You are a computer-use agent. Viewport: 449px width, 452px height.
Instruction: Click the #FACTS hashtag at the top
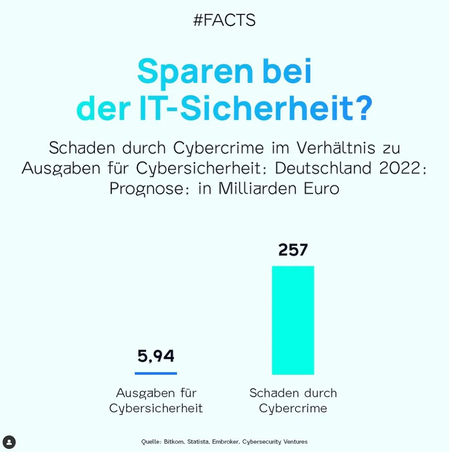[x=224, y=21]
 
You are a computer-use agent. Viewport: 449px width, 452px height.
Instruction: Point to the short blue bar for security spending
[x=156, y=373]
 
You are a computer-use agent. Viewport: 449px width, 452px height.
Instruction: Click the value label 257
[x=293, y=250]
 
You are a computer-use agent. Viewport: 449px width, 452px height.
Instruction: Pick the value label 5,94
[x=156, y=356]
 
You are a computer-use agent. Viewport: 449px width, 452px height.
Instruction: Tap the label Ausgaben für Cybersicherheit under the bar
[x=156, y=401]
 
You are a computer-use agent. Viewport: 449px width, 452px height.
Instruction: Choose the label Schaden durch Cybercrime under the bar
[x=293, y=401]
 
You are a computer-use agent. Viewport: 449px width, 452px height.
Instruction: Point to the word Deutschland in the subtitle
[x=324, y=168]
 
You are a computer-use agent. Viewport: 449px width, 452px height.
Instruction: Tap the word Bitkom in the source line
[x=174, y=442]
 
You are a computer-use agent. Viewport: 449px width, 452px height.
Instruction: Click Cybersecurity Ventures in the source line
[x=274, y=442]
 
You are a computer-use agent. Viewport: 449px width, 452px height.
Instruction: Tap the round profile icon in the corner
[x=9, y=442]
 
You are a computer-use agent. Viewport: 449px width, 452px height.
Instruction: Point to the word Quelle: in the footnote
[x=151, y=442]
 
